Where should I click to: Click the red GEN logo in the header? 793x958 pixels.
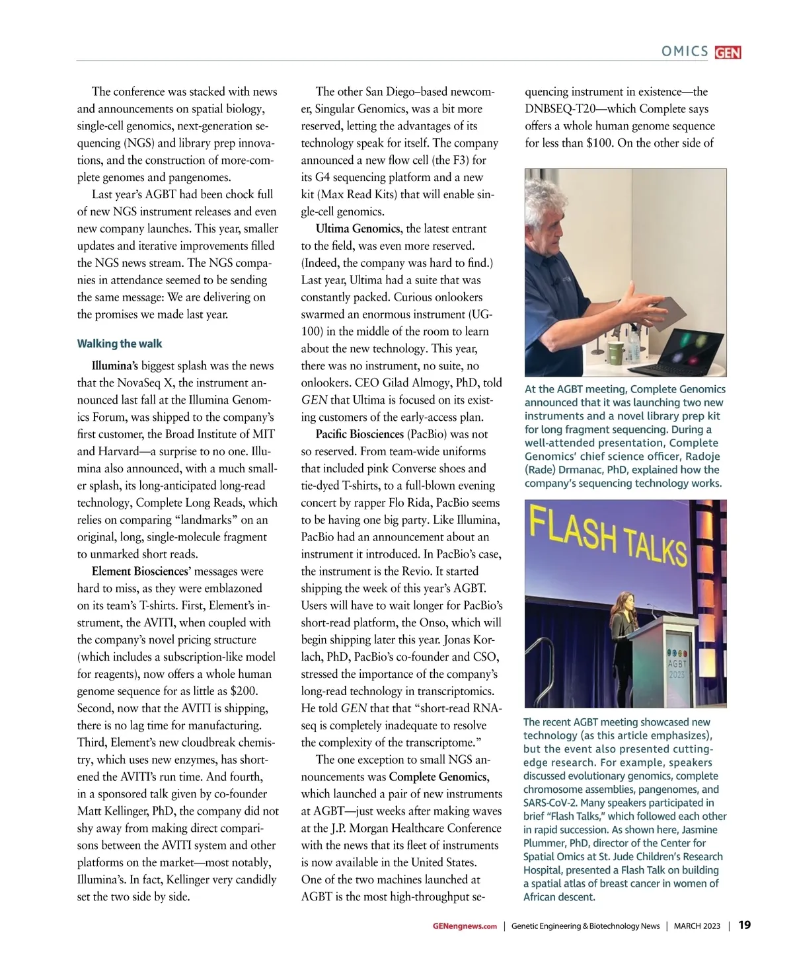click(728, 52)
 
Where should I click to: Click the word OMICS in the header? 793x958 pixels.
click(685, 52)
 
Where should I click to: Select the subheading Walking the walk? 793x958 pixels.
click(120, 344)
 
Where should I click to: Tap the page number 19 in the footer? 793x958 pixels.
click(744, 925)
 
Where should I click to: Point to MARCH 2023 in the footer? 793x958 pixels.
click(697, 926)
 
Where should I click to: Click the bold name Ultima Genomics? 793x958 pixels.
click(358, 229)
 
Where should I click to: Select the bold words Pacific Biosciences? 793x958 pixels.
click(359, 434)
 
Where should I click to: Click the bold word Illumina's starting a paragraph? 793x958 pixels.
click(115, 365)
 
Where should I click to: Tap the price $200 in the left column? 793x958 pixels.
click(243, 691)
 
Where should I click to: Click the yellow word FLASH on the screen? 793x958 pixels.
click(572, 531)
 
